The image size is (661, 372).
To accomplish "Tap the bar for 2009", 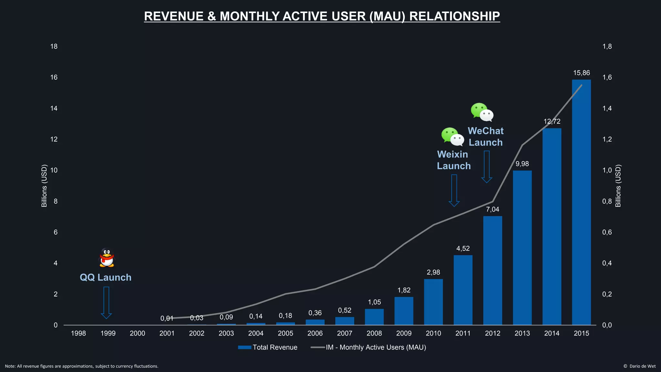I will [x=404, y=311].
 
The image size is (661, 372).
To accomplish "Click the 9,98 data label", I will [x=522, y=164].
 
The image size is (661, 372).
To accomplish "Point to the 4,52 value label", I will [x=463, y=249].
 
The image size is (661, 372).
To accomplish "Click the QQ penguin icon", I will [x=107, y=257].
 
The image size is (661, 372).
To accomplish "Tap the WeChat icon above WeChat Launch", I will [x=482, y=112].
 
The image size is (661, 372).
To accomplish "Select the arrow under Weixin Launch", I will [x=454, y=191].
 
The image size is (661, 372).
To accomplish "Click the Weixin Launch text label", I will [x=453, y=160].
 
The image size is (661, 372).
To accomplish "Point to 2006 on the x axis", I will [x=315, y=333].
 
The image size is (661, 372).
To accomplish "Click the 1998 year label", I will [x=78, y=333].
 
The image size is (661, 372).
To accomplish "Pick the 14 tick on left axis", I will [x=54, y=108].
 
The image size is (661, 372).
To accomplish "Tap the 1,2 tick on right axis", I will [x=607, y=139].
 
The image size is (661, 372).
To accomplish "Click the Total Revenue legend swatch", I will [x=245, y=347].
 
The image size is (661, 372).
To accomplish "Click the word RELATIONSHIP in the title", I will [x=454, y=16].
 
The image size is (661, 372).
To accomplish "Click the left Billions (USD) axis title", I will [x=44, y=186].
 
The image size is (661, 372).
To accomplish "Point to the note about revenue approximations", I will [x=82, y=366].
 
